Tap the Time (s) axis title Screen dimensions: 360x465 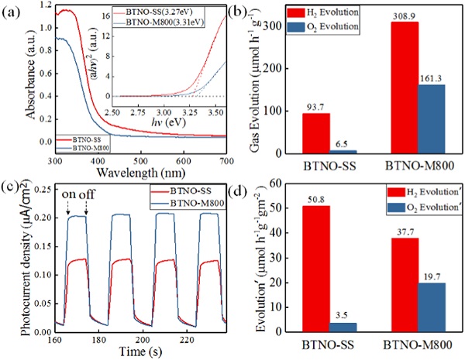130,352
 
